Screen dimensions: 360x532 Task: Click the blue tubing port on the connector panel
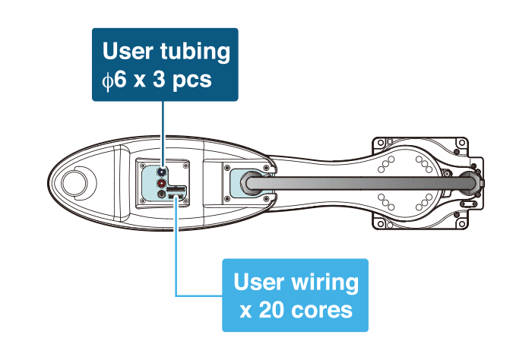(x=162, y=172)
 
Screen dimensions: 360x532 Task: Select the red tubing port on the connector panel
(x=162, y=183)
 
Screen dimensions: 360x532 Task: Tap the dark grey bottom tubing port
(x=162, y=194)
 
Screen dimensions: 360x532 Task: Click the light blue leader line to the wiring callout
(x=176, y=251)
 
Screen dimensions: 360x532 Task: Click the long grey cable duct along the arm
(x=357, y=182)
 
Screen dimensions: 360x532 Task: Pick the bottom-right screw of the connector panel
(x=185, y=201)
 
